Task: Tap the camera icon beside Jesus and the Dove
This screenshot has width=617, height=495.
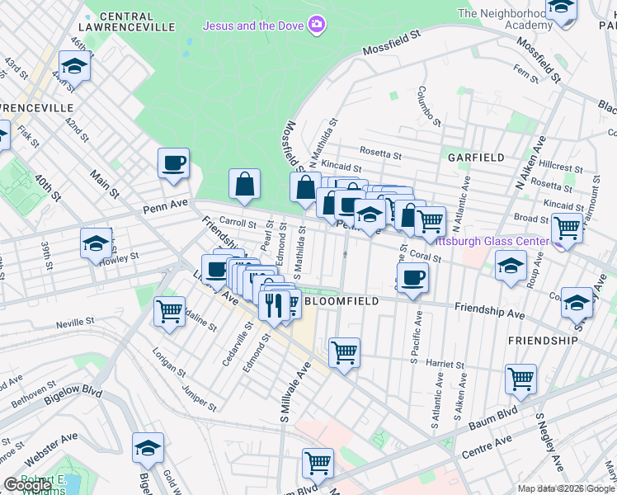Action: click(x=316, y=25)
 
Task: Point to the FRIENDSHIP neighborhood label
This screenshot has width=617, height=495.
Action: click(x=543, y=340)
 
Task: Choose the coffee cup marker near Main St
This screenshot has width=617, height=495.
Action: click(x=173, y=163)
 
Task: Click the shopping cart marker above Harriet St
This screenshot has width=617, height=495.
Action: click(x=344, y=352)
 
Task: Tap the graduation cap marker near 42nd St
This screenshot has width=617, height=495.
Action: click(x=75, y=66)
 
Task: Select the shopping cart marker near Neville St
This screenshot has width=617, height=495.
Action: click(x=169, y=312)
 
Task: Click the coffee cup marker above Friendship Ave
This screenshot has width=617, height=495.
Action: click(x=412, y=277)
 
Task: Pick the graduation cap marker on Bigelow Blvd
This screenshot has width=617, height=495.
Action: click(x=148, y=448)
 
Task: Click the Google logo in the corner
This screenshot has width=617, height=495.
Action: click(x=26, y=485)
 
